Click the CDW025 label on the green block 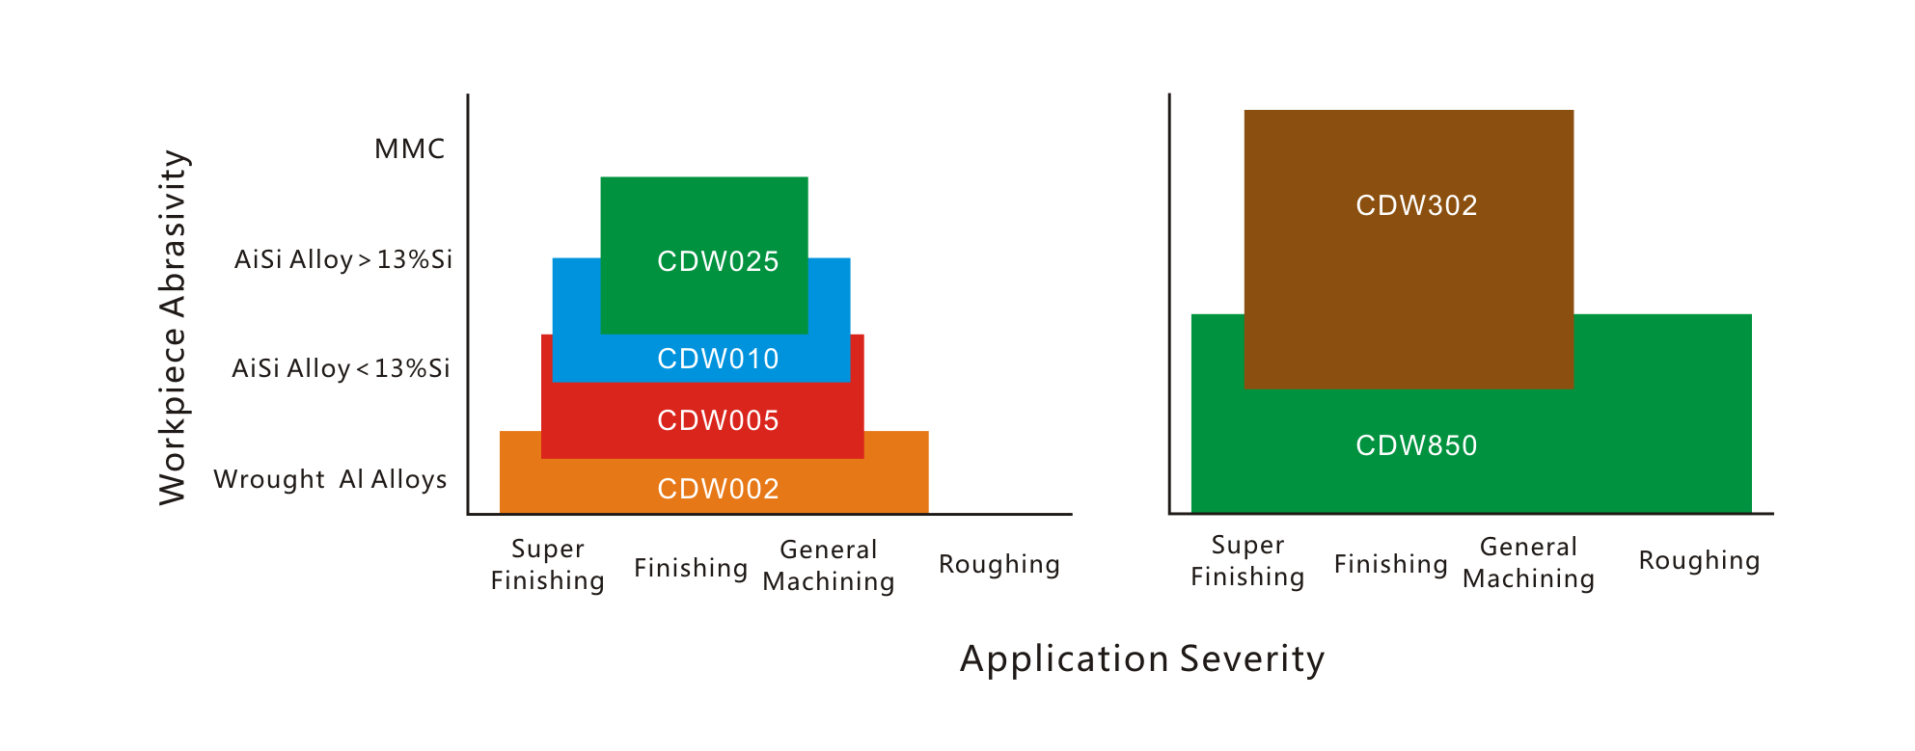[718, 261]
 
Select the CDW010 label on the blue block [718, 359]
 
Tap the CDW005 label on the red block [718, 420]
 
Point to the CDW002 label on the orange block [718, 489]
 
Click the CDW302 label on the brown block [1416, 205]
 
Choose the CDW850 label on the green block [1416, 445]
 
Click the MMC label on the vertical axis [410, 148]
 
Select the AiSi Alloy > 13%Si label [343, 259]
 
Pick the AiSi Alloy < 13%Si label [342, 368]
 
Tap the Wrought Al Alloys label [330, 479]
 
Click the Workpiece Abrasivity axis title [174, 327]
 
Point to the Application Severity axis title [1142, 658]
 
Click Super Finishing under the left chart [548, 564]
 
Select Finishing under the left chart [691, 568]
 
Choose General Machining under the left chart [829, 565]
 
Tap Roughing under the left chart [999, 564]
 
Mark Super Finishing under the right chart [1247, 561]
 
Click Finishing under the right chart [1391, 564]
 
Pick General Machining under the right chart [1529, 562]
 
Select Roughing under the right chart [1700, 560]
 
